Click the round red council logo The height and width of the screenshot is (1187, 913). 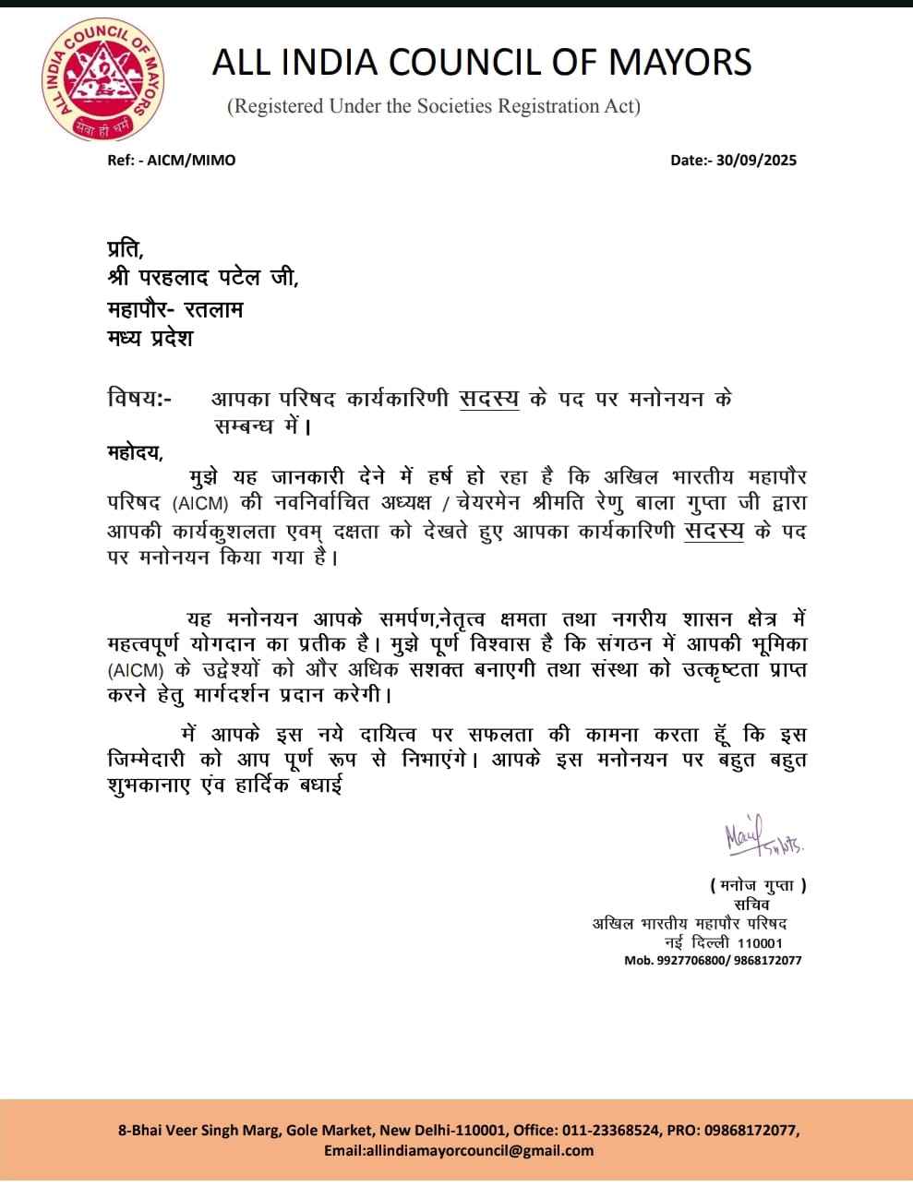tap(102, 80)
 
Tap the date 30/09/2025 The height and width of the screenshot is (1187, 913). tap(756, 160)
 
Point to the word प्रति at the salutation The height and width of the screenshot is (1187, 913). tap(125, 249)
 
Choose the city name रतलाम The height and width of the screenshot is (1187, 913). tap(213, 309)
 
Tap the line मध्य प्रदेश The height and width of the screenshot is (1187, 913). tap(150, 338)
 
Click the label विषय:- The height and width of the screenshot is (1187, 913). tap(139, 399)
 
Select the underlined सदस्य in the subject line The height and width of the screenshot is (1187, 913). tap(488, 399)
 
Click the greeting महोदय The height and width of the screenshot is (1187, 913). tap(135, 452)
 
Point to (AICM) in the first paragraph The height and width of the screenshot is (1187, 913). tap(199, 504)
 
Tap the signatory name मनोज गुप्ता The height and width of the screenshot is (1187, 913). tap(758, 885)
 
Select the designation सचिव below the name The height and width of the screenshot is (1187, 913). tap(751, 905)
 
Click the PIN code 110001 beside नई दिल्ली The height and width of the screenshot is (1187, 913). tap(760, 943)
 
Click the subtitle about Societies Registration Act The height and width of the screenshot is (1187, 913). tap(434, 106)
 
